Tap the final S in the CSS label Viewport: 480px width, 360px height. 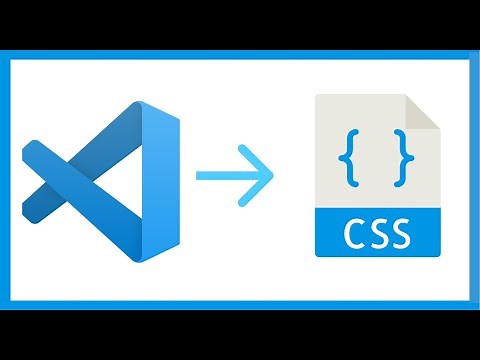pyautogui.click(x=400, y=236)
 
